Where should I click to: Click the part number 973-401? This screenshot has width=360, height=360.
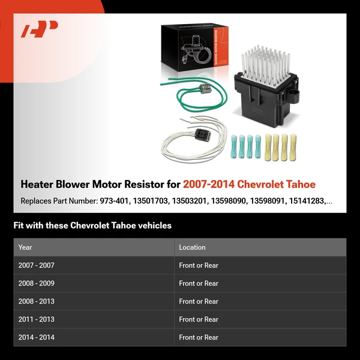click(114, 202)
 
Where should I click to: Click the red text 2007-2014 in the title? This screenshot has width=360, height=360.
click(211, 184)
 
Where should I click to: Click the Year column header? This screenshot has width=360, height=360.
click(25, 247)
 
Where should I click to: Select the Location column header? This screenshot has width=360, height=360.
click(192, 247)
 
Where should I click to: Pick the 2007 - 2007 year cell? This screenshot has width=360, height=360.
click(36, 265)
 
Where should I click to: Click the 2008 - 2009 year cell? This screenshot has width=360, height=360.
click(36, 283)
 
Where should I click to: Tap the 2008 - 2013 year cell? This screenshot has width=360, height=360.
click(36, 301)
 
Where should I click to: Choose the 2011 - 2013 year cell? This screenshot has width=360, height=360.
click(36, 319)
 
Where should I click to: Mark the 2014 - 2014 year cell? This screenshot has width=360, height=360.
click(36, 337)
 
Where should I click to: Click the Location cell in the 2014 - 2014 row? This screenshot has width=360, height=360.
click(199, 337)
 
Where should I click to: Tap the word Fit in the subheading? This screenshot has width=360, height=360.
click(19, 226)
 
